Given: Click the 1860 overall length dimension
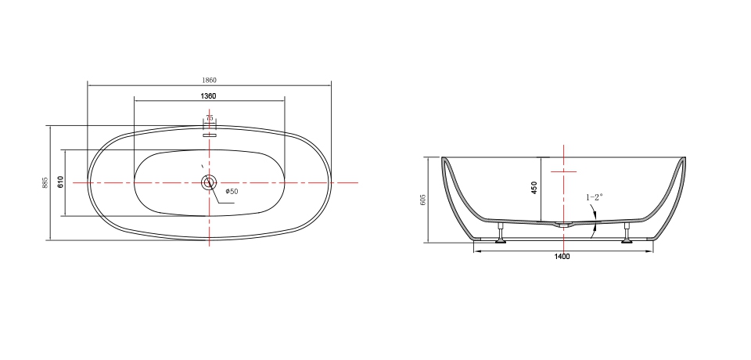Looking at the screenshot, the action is point(210,80).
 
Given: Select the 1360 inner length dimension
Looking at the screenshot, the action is point(208,96).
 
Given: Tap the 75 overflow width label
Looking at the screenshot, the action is point(210,118).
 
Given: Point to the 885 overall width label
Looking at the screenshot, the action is point(45,182).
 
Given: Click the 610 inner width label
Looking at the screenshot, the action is point(60,182).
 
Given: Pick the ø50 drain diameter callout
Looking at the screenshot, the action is point(232,192).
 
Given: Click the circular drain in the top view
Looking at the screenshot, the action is point(210,182).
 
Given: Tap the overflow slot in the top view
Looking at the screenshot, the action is point(210,135).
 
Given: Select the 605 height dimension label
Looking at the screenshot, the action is point(423,200).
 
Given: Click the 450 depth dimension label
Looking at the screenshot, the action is point(534,187).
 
